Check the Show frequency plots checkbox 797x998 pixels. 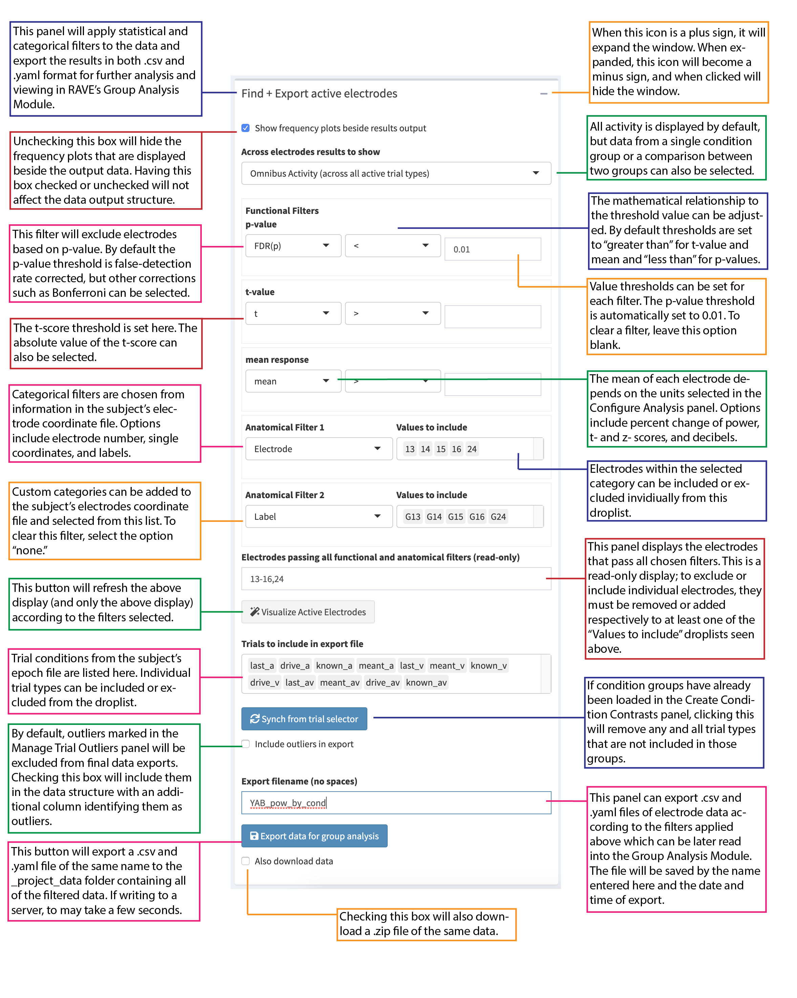point(245,128)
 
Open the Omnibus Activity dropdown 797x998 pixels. point(395,174)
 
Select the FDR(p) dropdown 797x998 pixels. point(293,246)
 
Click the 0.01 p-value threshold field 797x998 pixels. point(492,249)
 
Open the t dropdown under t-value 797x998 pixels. point(293,313)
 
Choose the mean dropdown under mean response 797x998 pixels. point(293,381)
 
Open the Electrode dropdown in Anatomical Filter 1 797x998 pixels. point(319,448)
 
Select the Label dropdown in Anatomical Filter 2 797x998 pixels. point(319,516)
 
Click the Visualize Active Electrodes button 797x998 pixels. point(308,612)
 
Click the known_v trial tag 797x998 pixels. point(488,666)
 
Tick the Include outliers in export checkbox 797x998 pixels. point(245,744)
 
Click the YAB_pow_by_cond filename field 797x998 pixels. point(395,803)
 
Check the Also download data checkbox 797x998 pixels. point(245,861)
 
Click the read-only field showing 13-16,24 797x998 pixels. point(395,579)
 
